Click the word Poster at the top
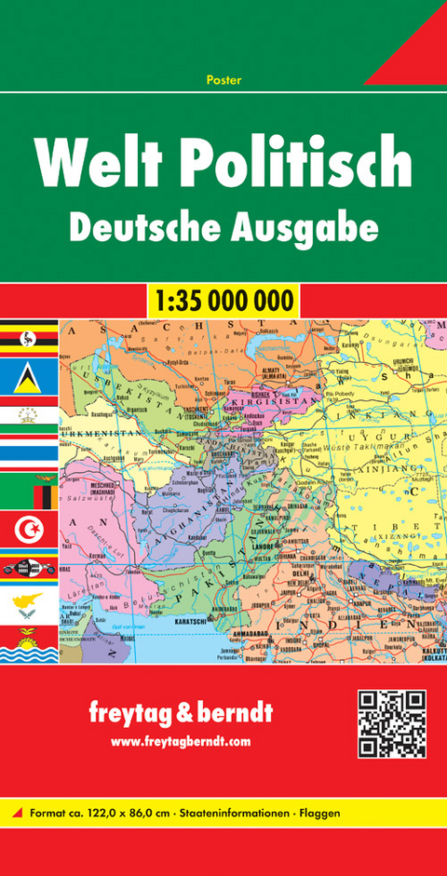tap(223, 80)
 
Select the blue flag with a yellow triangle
tap(29, 376)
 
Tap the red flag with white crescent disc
tap(29, 530)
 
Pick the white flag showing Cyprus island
tap(29, 604)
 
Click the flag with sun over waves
tap(29, 643)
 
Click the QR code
tap(391, 723)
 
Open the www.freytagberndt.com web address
tap(181, 741)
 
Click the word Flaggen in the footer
tap(318, 813)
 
